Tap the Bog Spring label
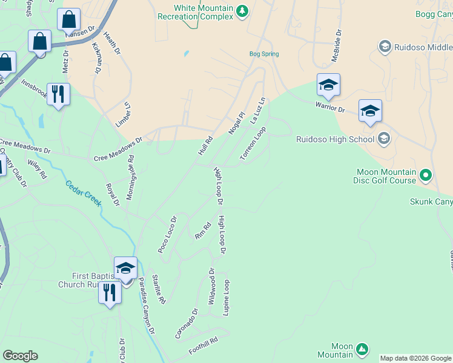click(x=264, y=54)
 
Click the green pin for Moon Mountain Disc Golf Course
click(x=426, y=175)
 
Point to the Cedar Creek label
click(x=84, y=194)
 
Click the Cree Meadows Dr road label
click(x=117, y=149)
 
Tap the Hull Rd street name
click(x=206, y=145)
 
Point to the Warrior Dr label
click(x=329, y=107)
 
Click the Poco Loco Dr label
click(x=167, y=234)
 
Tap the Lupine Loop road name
click(x=227, y=296)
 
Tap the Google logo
click(x=20, y=356)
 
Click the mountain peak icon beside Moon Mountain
click(x=362, y=349)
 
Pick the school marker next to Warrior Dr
click(x=328, y=85)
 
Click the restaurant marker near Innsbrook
click(x=58, y=94)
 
